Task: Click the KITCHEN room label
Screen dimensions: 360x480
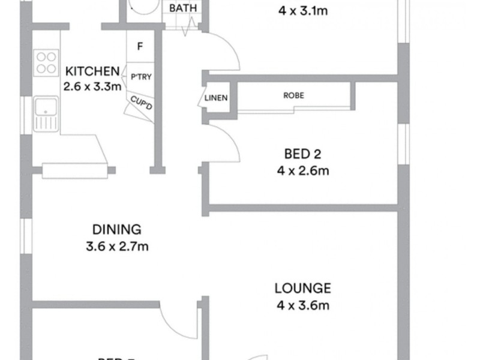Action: tap(92, 71)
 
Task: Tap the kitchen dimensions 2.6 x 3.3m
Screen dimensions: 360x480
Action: tap(92, 85)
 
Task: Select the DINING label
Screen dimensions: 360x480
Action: tap(116, 229)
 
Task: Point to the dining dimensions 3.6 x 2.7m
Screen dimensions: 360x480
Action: tap(116, 246)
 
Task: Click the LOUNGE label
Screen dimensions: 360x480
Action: tap(302, 287)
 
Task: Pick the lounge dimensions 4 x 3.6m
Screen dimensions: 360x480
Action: tap(302, 305)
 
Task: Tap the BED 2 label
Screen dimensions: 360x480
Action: tap(302, 152)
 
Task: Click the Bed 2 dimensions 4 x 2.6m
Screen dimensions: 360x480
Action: tap(302, 170)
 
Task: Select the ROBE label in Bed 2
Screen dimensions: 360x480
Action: tap(294, 95)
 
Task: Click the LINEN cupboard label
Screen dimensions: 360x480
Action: tap(216, 98)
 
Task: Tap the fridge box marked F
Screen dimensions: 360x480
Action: tap(139, 46)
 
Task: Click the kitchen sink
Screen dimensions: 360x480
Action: tap(45, 112)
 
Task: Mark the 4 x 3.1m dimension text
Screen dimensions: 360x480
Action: tap(302, 10)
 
